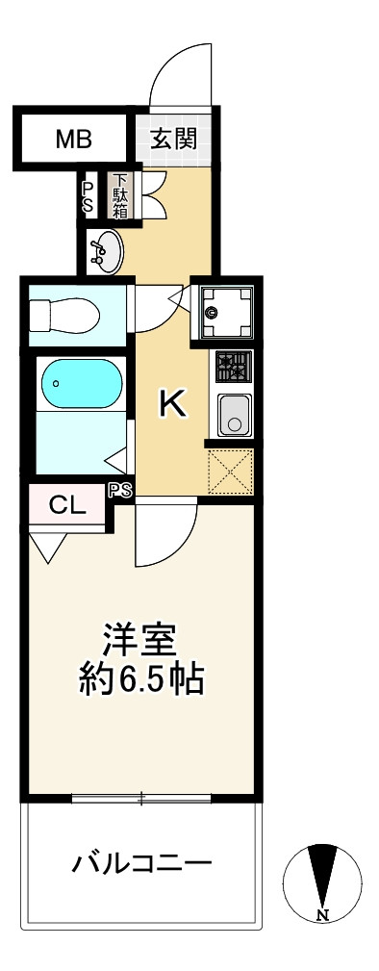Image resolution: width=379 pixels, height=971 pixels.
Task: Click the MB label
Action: pyautogui.click(x=72, y=140)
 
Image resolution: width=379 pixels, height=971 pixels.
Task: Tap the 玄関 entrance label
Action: pyautogui.click(x=174, y=139)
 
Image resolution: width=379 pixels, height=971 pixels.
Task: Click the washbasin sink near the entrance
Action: pyautogui.click(x=105, y=251)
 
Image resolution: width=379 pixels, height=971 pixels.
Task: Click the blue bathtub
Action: pyautogui.click(x=81, y=383)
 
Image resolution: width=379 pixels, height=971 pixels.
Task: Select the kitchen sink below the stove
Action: pyautogui.click(x=233, y=414)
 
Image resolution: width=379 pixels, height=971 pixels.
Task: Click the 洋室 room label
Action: pyautogui.click(x=139, y=641)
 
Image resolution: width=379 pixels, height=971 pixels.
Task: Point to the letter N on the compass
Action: pyautogui.click(x=322, y=913)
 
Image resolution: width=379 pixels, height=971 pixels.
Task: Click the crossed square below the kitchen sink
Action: pyautogui.click(x=231, y=472)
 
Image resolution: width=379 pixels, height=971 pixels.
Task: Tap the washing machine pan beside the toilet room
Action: pyautogui.click(x=226, y=311)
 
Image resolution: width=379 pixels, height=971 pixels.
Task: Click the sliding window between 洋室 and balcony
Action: pyautogui.click(x=141, y=797)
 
